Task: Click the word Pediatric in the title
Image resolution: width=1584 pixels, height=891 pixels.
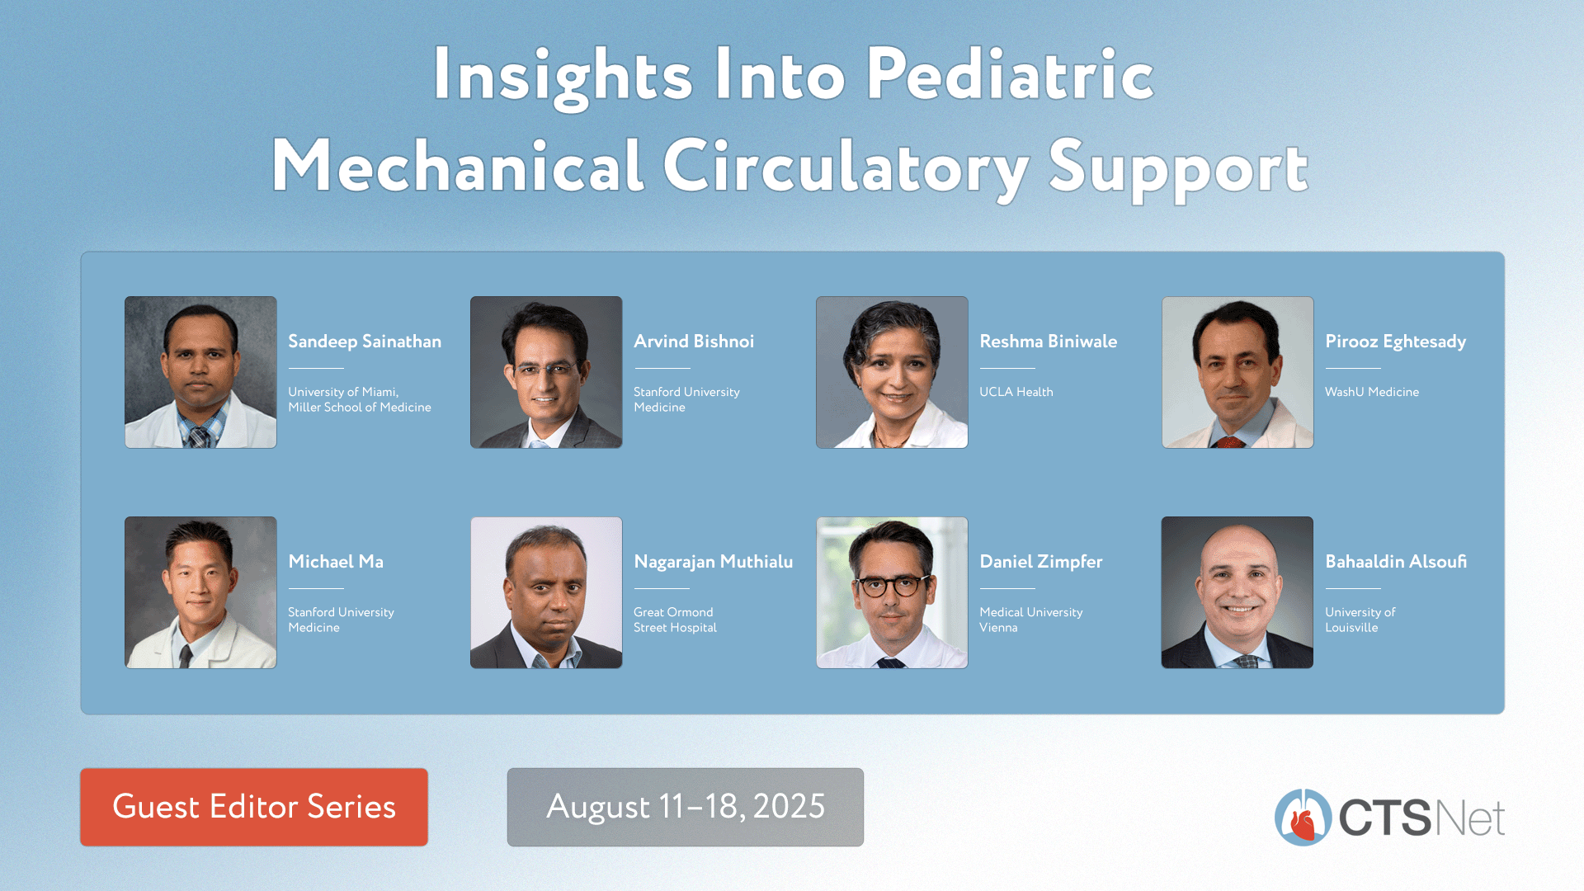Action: point(1009,75)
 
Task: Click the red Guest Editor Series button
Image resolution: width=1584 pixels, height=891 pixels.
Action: point(254,807)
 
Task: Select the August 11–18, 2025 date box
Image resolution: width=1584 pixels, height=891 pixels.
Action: point(686,807)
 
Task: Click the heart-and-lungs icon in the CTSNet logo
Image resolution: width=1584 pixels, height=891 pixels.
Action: point(1303,818)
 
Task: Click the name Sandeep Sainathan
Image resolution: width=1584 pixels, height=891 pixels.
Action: point(365,342)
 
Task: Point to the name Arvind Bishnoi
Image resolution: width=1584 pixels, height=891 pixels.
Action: point(694,342)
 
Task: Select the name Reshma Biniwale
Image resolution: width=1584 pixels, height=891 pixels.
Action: point(1048,342)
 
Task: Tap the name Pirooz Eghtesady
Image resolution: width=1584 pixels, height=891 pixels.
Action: point(1396,342)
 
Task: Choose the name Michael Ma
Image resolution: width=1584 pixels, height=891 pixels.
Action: point(336,562)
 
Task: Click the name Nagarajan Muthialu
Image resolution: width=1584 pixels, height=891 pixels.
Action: point(714,562)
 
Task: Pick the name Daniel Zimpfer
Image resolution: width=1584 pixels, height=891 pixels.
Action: point(1041,562)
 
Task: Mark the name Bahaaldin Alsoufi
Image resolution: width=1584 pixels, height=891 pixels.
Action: point(1396,562)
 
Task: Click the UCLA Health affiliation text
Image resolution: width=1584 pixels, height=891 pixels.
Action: point(1016,392)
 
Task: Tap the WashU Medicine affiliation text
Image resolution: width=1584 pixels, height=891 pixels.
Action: point(1372,392)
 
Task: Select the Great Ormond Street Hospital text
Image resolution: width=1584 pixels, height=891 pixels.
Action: point(675,620)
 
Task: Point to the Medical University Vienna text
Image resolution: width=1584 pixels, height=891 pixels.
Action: point(1031,620)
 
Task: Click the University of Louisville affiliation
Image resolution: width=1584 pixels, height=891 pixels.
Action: point(1360,620)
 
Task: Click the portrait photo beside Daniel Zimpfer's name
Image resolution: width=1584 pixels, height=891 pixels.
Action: point(892,592)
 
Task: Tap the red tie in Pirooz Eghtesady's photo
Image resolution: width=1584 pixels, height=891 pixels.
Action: point(1229,443)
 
